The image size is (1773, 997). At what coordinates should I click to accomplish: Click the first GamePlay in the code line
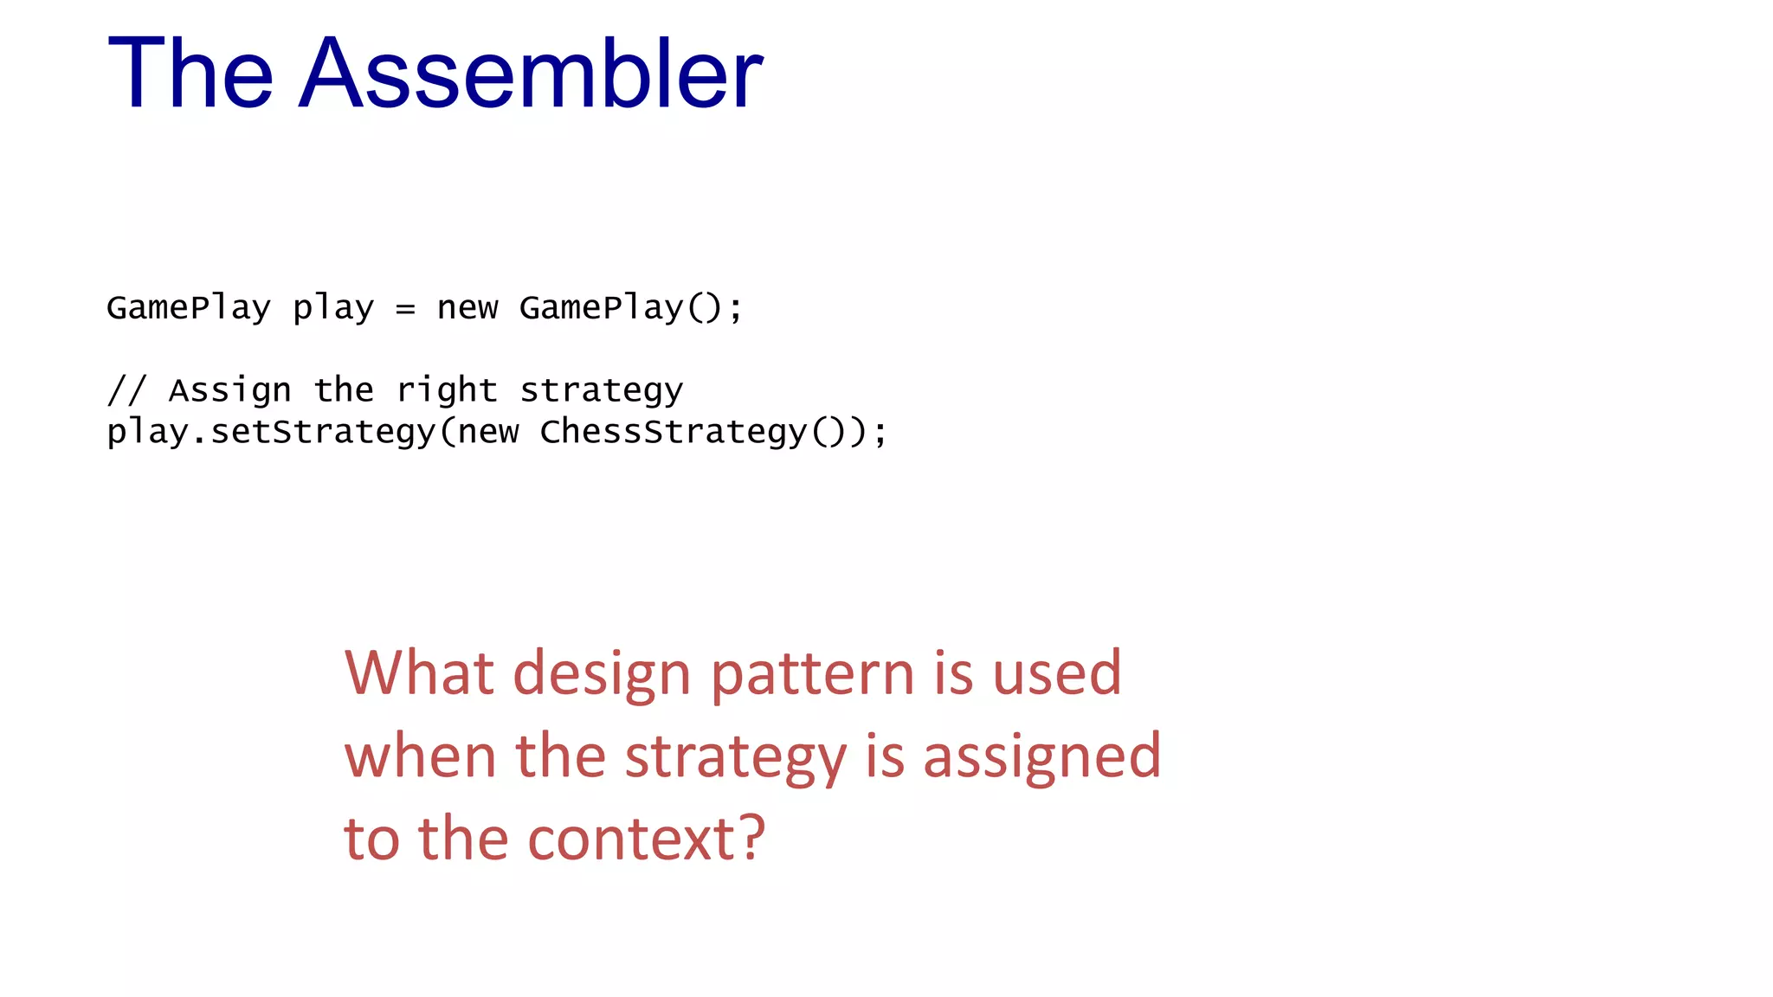click(189, 308)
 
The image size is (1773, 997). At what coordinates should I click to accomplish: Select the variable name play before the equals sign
click(333, 308)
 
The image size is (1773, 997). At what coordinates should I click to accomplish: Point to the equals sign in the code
click(405, 309)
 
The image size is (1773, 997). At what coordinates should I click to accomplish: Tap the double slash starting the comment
click(126, 390)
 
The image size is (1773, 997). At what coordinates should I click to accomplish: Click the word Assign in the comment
click(229, 391)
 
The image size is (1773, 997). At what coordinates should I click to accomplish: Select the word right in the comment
click(447, 391)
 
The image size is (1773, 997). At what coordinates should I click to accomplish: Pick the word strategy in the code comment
click(601, 391)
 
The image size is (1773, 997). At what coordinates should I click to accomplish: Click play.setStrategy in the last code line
click(271, 432)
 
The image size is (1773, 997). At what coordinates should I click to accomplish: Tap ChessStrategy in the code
click(673, 432)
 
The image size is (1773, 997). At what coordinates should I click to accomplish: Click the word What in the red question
click(419, 673)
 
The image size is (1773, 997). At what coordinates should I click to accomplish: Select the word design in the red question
click(602, 675)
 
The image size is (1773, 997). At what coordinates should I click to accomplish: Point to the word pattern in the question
click(812, 673)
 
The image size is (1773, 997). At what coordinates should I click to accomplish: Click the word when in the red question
click(420, 756)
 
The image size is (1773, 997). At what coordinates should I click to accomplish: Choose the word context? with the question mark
click(646, 839)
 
